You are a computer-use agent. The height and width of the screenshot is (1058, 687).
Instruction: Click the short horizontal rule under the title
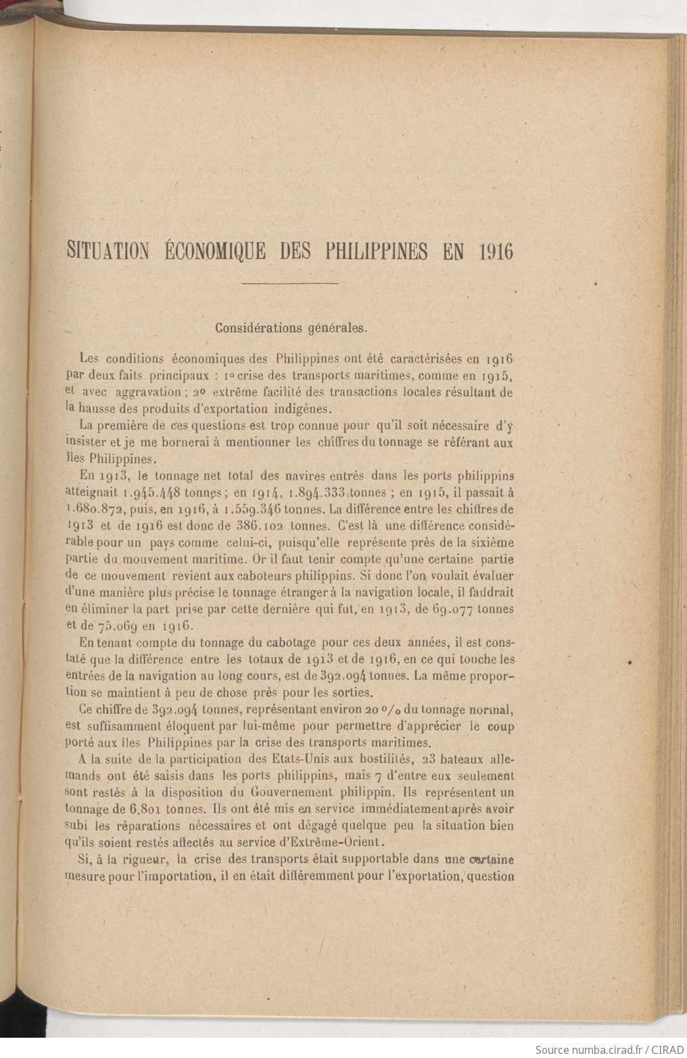[x=289, y=282]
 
